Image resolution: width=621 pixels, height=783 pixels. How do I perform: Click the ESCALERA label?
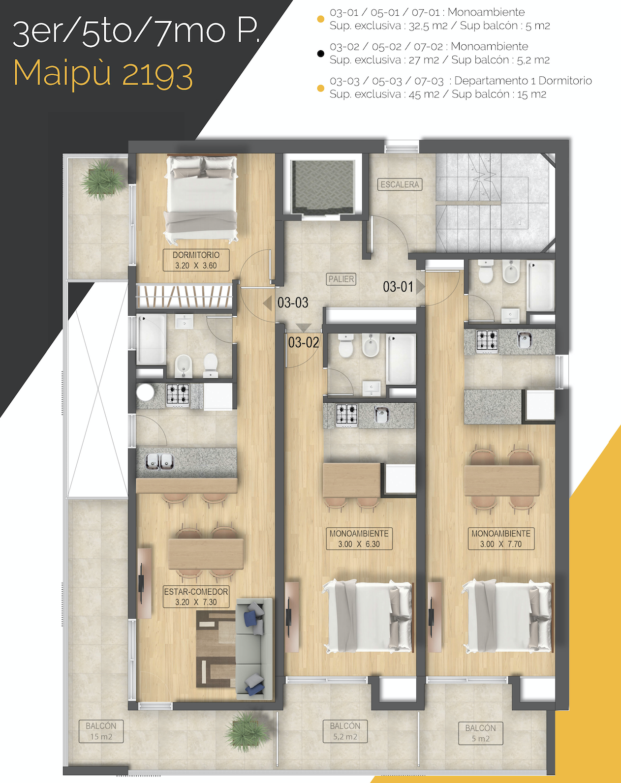pyautogui.click(x=400, y=184)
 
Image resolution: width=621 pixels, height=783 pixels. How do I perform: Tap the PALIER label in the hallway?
pyautogui.click(x=341, y=279)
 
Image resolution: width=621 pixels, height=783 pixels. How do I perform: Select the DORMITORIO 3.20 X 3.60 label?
pyautogui.click(x=196, y=260)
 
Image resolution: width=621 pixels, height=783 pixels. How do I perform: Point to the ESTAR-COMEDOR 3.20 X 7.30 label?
pyautogui.click(x=196, y=597)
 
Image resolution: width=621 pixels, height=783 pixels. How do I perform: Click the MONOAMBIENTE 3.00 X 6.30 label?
pyautogui.click(x=359, y=539)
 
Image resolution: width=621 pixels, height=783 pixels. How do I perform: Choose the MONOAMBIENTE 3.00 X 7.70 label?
pyautogui.click(x=501, y=539)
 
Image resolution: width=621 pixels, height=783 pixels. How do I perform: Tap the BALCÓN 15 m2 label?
pyautogui.click(x=101, y=731)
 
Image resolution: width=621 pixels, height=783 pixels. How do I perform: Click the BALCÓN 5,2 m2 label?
pyautogui.click(x=345, y=731)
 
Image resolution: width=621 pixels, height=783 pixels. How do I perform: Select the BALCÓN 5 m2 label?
pyautogui.click(x=480, y=733)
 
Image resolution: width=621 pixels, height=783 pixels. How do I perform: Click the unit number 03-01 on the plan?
pyautogui.click(x=398, y=287)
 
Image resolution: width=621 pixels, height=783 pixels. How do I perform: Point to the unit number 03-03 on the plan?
pyautogui.click(x=293, y=302)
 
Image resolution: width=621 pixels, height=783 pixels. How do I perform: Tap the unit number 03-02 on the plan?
pyautogui.click(x=304, y=342)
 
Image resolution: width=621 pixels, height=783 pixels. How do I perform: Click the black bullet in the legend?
pyautogui.click(x=321, y=54)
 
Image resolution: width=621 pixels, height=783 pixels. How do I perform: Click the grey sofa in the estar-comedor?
pyautogui.click(x=254, y=649)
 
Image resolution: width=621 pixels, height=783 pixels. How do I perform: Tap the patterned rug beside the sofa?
pyautogui.click(x=216, y=649)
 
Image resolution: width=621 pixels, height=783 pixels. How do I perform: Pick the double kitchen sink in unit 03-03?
pyautogui.click(x=159, y=461)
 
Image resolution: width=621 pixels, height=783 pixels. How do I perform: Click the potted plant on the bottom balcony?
pyautogui.click(x=247, y=731)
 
